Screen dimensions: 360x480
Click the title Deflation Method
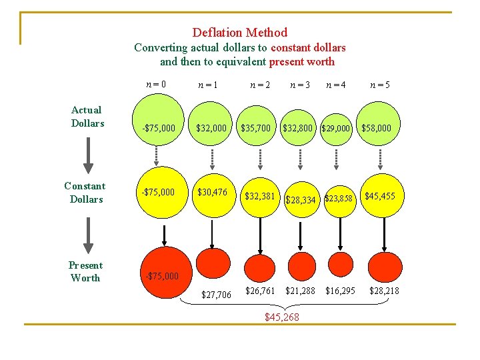[240, 32]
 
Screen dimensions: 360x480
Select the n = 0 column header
[156, 85]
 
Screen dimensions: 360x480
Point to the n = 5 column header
[380, 85]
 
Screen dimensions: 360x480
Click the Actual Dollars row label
[87, 116]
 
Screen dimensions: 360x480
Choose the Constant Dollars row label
[85, 192]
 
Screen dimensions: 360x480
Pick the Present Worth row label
[85, 271]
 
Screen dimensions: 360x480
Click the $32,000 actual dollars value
[211, 127]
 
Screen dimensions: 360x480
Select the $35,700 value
[257, 127]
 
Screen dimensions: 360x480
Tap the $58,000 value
[376, 127]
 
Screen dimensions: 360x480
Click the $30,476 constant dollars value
[212, 192]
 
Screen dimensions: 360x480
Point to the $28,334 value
[301, 199]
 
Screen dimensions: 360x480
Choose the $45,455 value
[379, 196]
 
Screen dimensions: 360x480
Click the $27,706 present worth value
[216, 295]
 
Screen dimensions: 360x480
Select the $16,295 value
[340, 291]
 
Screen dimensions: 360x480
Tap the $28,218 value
[384, 291]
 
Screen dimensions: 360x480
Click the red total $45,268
[282, 317]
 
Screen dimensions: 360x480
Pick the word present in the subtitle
[287, 62]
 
